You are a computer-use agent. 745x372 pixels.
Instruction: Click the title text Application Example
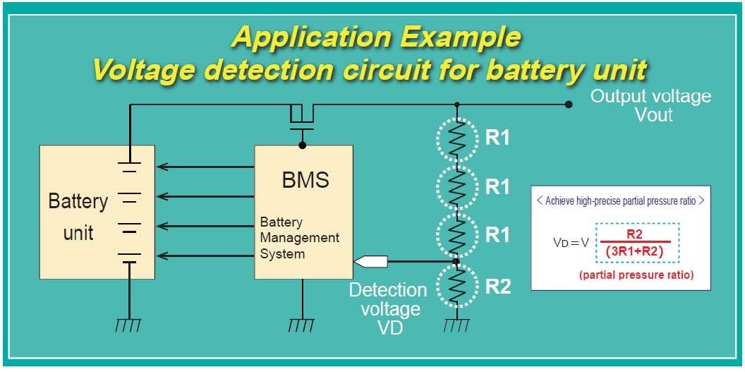(x=375, y=37)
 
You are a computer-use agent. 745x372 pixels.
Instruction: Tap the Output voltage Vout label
(x=650, y=105)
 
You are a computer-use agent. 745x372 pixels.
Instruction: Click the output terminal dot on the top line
(x=568, y=105)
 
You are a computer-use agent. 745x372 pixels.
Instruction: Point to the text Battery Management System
(x=299, y=238)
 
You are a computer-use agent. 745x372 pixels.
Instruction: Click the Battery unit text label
(x=78, y=216)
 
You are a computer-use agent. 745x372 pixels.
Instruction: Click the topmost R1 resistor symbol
(x=456, y=138)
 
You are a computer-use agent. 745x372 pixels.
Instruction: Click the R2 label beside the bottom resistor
(x=497, y=287)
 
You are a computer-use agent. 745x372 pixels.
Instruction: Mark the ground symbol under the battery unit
(x=130, y=325)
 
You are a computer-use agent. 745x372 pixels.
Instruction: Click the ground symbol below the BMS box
(x=303, y=325)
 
